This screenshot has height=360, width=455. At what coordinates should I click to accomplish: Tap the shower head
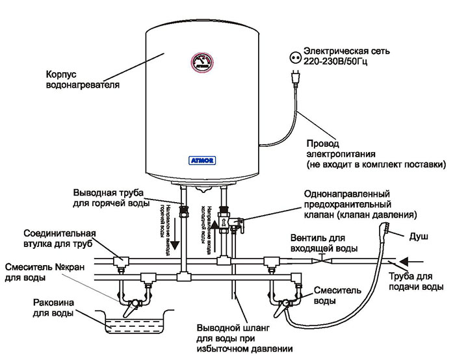click(x=385, y=229)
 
